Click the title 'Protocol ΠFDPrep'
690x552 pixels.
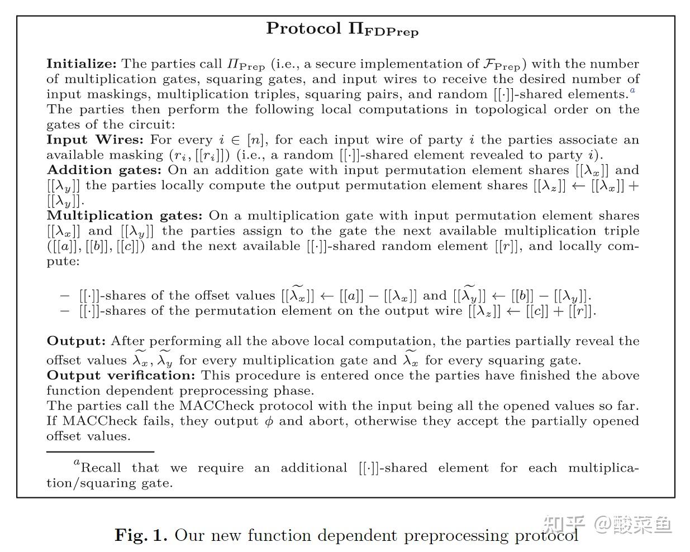342,29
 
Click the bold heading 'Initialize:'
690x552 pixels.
81,64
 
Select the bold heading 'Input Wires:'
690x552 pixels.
94,140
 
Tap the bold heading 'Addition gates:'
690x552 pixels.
104,170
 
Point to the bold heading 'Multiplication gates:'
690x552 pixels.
125,215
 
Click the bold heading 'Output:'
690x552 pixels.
76,340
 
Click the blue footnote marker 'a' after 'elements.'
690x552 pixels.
632,90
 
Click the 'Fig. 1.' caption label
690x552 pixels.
141,535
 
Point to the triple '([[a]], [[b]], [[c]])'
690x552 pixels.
96,246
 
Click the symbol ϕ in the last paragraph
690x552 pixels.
269,421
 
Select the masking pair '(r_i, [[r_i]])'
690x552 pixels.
197,155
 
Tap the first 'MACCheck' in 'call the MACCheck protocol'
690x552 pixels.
216,406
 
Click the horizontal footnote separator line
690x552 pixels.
100,451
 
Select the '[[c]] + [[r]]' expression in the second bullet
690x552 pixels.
560,311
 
